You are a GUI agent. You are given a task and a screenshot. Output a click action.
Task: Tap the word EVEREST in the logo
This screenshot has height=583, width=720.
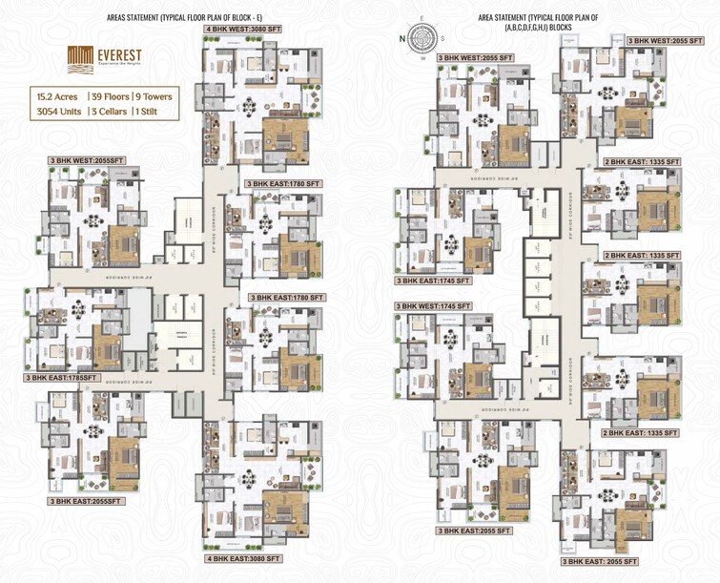coord(117,55)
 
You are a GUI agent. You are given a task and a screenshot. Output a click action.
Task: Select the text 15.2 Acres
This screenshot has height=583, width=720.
coord(57,96)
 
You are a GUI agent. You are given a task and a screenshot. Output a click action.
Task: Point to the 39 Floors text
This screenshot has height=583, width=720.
coord(109,96)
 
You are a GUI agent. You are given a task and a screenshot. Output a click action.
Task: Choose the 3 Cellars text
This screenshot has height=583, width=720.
coord(112,112)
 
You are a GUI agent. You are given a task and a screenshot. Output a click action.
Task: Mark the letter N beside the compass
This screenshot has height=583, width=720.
coord(404,39)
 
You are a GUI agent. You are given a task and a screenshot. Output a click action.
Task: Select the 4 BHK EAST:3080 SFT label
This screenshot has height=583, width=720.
coord(243,558)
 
